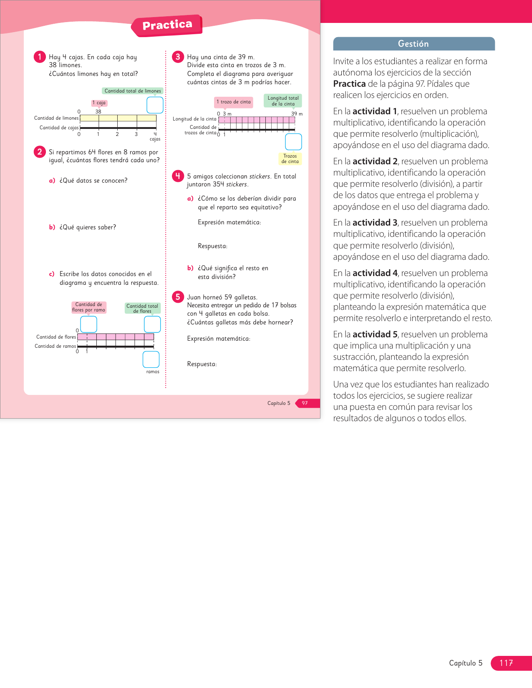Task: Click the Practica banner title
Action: point(167,25)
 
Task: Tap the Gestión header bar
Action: point(413,44)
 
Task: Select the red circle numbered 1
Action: point(40,57)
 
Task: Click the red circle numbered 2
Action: point(40,152)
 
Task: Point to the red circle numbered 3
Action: point(178,57)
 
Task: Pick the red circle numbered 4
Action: point(178,176)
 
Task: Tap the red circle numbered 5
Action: point(178,297)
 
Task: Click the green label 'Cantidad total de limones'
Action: point(132,91)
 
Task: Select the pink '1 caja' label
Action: point(99,103)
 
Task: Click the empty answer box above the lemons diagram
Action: point(155,105)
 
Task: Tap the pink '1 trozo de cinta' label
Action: point(234,102)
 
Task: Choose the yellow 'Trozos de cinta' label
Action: point(290,159)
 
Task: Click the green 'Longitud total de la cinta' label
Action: point(283,101)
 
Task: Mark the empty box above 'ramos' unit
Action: point(151,359)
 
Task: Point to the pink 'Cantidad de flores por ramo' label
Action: point(88,307)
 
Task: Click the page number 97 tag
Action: point(305,403)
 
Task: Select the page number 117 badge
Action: point(506,663)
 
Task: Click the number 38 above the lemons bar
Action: point(98,112)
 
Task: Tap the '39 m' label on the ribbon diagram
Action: point(297,114)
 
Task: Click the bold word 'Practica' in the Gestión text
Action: point(349,84)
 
